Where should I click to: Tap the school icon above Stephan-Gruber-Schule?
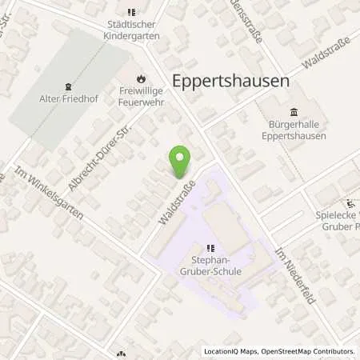pyautogui.click(x=210, y=248)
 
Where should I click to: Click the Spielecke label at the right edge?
pyautogui.click(x=340, y=218)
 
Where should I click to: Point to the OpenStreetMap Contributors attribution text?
pyautogui.click(x=309, y=351)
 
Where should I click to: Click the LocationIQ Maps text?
pyautogui.click(x=232, y=351)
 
